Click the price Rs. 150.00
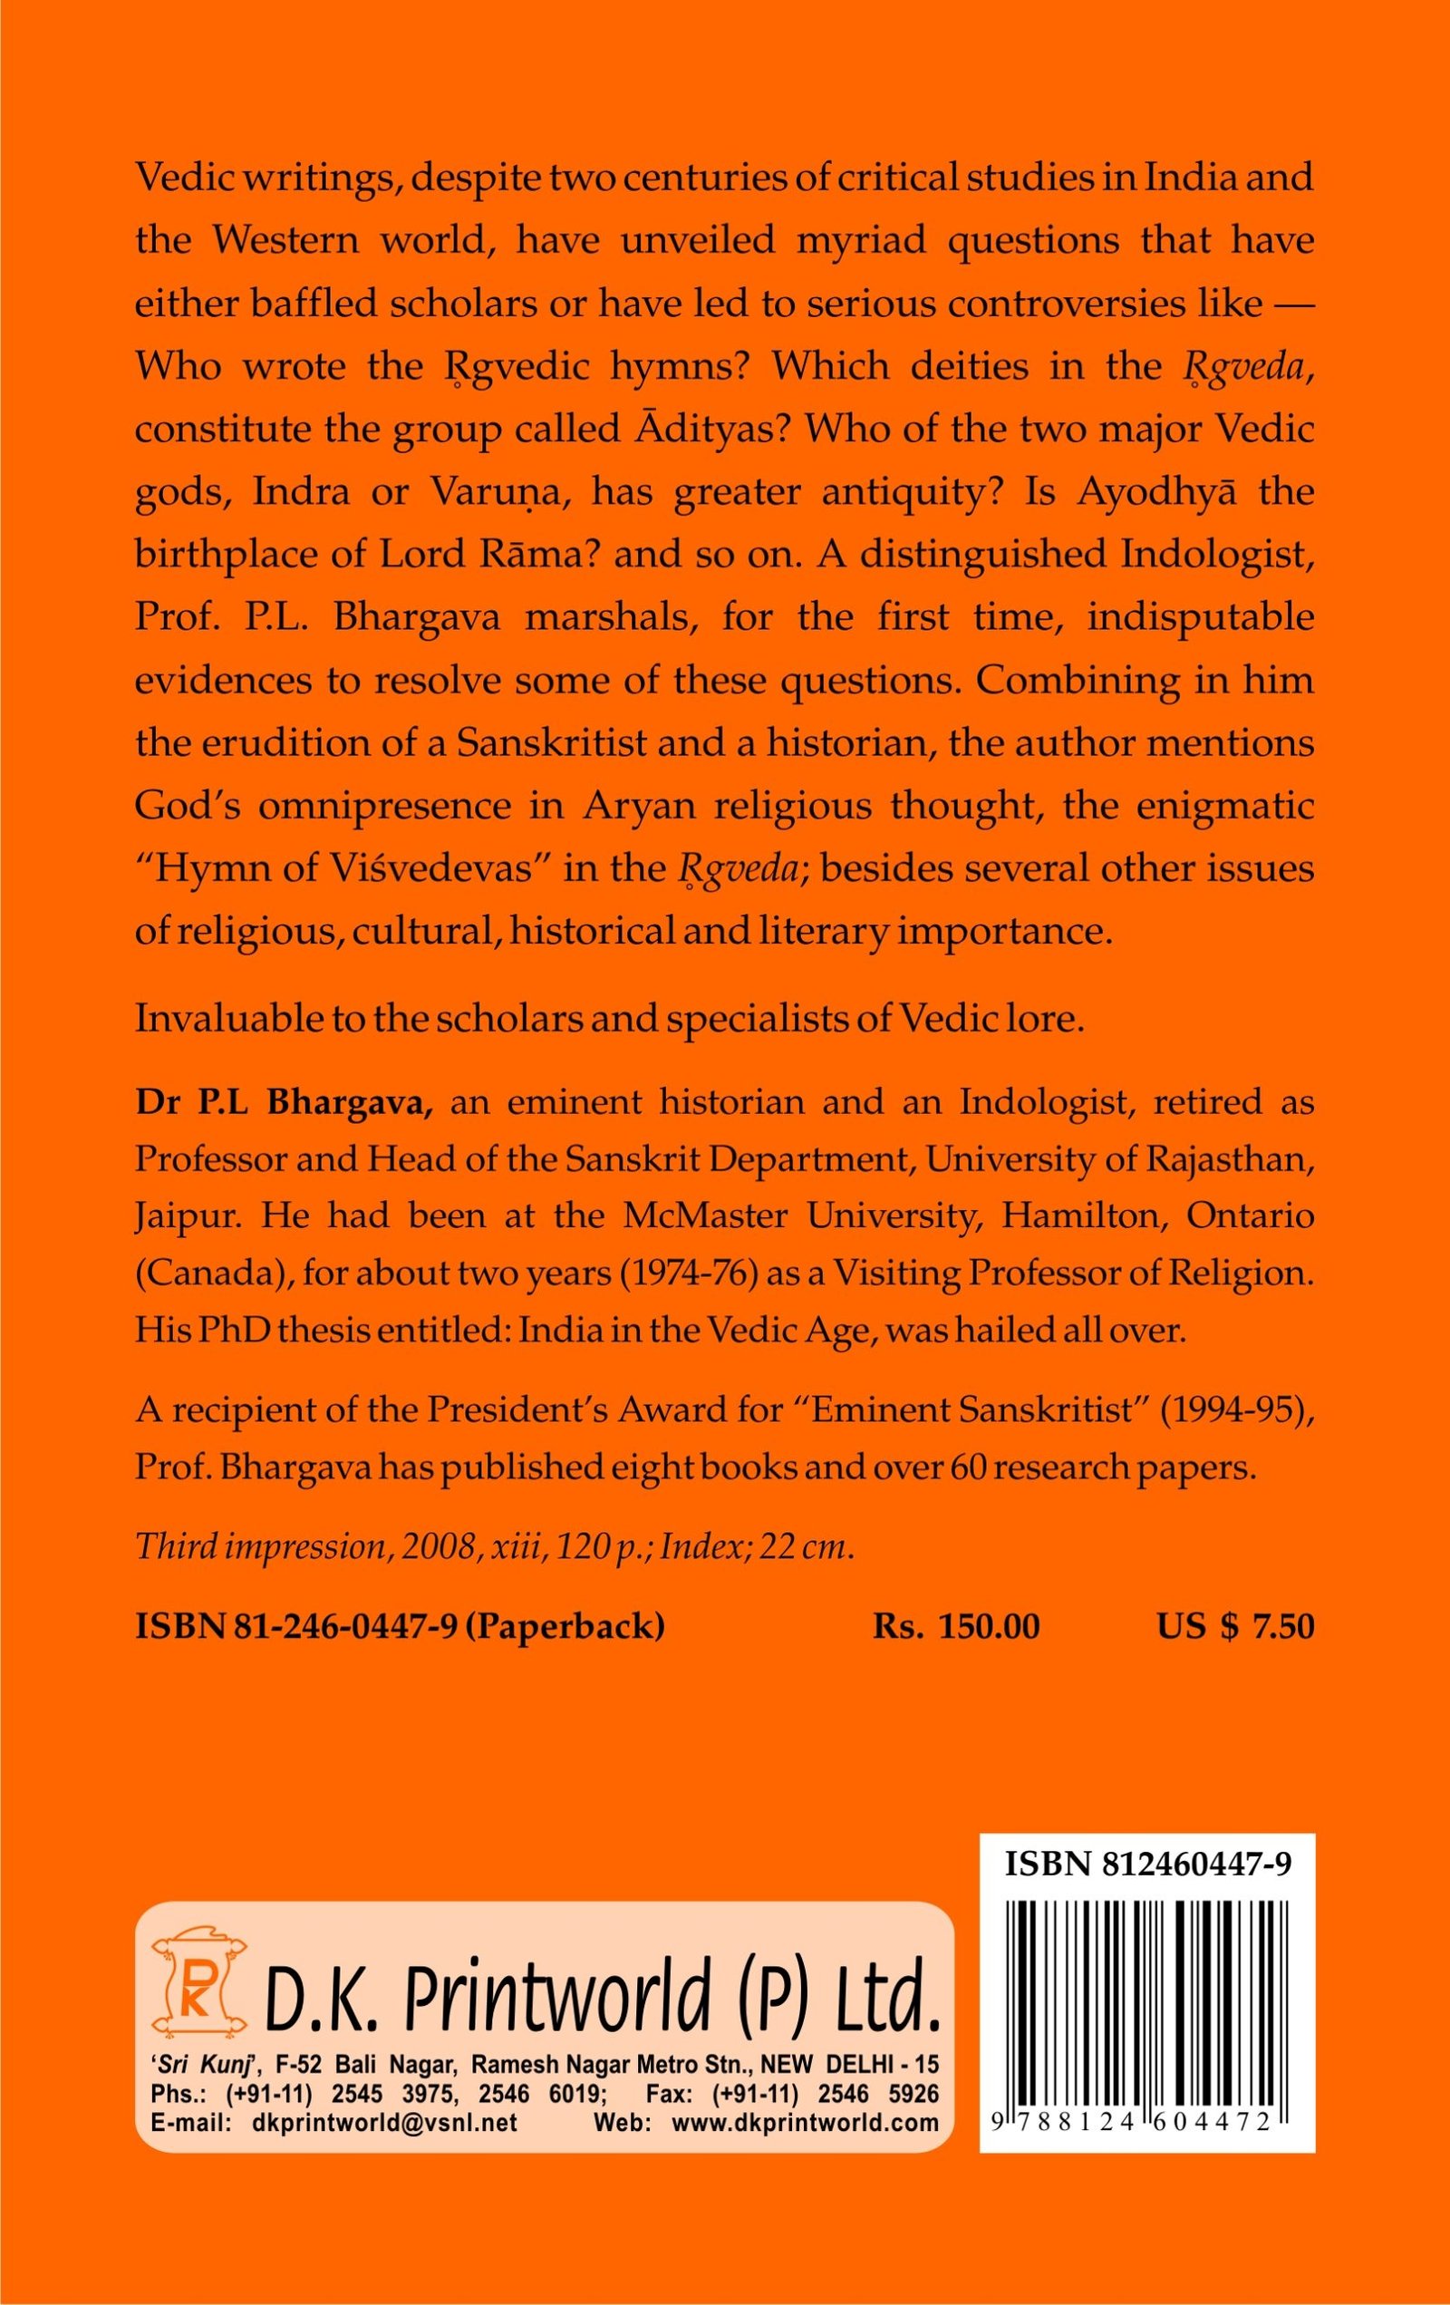pyautogui.click(x=956, y=1626)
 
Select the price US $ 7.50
pyautogui.click(x=1235, y=1626)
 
